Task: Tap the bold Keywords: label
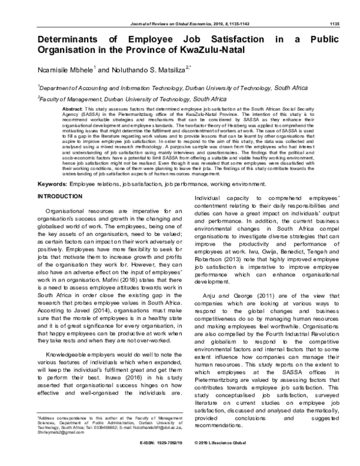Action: point(52,200)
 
